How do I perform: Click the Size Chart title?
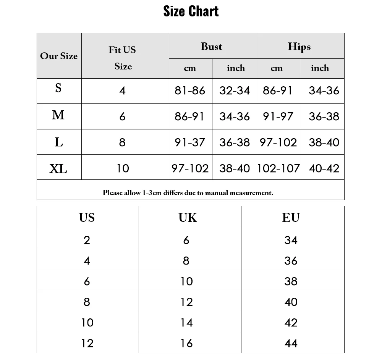point(191,11)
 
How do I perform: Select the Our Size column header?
point(59,56)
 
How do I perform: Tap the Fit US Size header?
point(123,58)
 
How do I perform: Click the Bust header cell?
point(212,47)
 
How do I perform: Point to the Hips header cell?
point(299,47)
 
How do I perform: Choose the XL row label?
point(58,168)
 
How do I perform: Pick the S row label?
point(58,89)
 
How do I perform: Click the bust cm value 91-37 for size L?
point(190,142)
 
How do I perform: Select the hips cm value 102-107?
point(278,168)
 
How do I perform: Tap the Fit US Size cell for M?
point(122,116)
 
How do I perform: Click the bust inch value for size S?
point(235,90)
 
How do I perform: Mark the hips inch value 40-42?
point(324,168)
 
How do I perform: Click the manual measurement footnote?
point(188,193)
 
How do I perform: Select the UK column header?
point(188,218)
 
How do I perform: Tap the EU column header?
point(291,218)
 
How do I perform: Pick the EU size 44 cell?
point(291,343)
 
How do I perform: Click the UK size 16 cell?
point(186,343)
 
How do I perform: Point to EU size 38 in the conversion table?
point(291,281)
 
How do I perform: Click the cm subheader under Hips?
point(277,68)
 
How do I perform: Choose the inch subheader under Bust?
point(236,68)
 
